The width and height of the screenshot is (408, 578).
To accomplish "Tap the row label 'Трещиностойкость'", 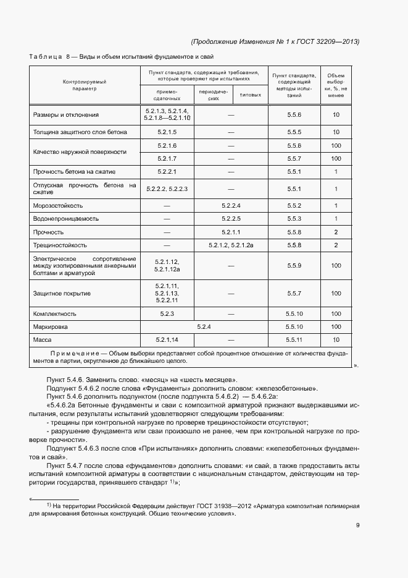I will click(60, 245).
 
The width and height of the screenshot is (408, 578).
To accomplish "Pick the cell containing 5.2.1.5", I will click(167, 132).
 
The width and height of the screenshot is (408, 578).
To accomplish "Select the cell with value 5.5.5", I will click(294, 132).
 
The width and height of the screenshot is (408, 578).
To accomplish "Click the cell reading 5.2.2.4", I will click(231, 205).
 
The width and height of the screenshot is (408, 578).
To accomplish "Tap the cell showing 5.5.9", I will click(294, 266).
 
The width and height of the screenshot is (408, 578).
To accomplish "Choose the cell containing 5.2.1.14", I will click(167, 340).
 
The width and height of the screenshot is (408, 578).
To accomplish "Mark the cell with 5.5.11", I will click(294, 340).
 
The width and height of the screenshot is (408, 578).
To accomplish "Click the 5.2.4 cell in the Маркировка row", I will click(204, 326).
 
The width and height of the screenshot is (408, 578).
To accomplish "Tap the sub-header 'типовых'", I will click(249, 94).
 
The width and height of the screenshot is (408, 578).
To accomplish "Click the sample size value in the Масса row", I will click(336, 340).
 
